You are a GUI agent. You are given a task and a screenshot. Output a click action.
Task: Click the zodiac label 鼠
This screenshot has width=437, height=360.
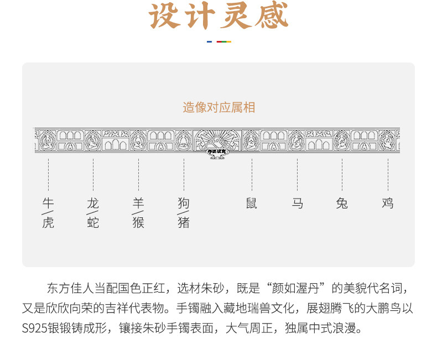point(252,203)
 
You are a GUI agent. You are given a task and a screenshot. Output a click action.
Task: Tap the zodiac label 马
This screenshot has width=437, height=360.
point(297,203)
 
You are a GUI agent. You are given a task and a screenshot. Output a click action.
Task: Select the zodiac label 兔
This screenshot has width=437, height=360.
point(342,203)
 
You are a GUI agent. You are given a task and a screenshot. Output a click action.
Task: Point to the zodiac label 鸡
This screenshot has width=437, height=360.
point(387,203)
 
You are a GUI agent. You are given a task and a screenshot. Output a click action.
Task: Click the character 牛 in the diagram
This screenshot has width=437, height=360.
point(48,203)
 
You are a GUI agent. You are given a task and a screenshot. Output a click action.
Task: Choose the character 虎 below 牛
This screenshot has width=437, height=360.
point(48,223)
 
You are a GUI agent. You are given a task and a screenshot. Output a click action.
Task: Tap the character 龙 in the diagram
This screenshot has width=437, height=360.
point(93,203)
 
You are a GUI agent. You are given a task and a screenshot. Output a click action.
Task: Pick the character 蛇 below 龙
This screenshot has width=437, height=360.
point(93,223)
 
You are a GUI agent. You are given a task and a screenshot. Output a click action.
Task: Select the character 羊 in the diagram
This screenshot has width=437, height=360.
point(138,203)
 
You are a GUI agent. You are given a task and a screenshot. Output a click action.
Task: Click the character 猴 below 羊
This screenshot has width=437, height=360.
point(138,223)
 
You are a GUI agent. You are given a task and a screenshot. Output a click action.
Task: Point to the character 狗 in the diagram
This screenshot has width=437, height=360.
point(184,203)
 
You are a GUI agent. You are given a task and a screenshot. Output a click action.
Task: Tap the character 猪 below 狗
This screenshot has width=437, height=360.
point(184,223)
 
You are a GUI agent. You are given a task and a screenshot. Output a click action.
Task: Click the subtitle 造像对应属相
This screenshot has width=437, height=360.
point(219,107)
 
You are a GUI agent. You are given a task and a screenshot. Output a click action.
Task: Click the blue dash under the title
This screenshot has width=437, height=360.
point(209,41)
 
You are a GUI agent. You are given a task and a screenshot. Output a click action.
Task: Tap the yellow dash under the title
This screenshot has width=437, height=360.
point(228,41)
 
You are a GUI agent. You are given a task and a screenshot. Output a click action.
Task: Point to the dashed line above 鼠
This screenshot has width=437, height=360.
point(252,174)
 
